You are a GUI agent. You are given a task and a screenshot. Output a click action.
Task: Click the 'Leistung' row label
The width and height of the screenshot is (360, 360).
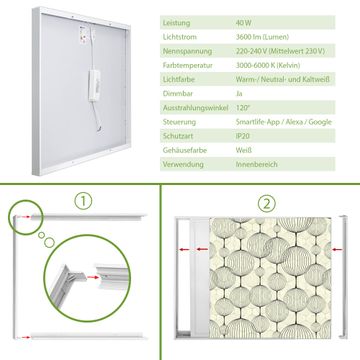coord(176,23)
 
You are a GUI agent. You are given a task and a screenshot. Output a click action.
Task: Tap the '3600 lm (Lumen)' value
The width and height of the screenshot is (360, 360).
coord(262,37)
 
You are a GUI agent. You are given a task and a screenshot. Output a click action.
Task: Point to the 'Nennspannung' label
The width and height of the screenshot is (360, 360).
coord(187,51)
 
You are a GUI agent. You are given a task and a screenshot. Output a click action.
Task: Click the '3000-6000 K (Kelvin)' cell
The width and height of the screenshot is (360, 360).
coord(268,65)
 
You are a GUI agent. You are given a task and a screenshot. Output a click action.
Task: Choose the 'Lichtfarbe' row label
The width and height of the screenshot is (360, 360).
coord(178,80)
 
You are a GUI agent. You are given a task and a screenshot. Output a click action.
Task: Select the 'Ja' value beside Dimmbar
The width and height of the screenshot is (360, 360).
coord(239,94)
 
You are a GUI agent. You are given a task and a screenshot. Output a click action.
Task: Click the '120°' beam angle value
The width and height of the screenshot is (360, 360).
coord(242,108)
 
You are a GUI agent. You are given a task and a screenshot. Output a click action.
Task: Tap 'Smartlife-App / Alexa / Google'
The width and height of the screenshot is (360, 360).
coord(284,122)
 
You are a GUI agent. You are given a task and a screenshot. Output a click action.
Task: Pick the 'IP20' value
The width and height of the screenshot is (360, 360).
coord(243,136)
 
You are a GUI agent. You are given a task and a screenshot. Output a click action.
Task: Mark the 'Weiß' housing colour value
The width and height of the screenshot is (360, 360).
coord(244,150)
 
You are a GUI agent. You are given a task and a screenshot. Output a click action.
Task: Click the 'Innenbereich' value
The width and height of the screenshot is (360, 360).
coord(256,164)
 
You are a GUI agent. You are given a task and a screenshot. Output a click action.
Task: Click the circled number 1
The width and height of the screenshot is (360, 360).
coord(83,201)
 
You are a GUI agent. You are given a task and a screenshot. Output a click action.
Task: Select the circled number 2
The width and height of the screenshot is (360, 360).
coord(267,204)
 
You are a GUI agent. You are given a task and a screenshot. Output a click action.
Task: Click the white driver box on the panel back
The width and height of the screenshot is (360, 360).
coord(94,85)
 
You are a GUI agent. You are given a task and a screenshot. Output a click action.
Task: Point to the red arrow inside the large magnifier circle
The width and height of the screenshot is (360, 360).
coord(93,277)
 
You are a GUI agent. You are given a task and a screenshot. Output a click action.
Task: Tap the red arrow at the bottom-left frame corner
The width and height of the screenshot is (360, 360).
coord(24,337)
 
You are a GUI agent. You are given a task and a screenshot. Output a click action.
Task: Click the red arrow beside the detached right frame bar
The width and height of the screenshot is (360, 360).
coord(337,249)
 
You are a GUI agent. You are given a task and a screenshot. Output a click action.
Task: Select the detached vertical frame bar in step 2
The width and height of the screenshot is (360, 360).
coord(343,277)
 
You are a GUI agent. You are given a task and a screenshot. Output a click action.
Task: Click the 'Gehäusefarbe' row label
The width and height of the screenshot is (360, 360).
coord(185,150)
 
